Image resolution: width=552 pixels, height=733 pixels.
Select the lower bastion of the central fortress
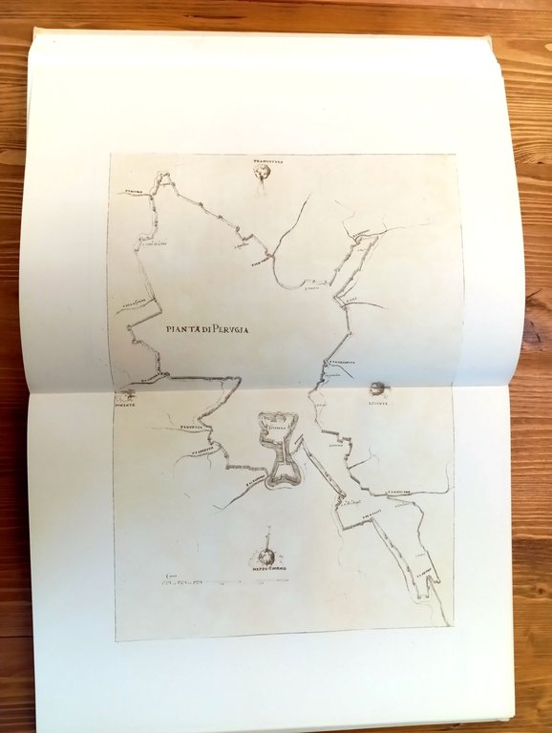[x=280, y=474]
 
